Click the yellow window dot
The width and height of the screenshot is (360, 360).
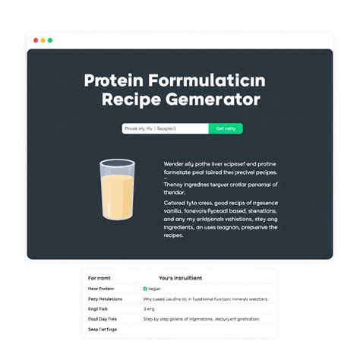[x=43, y=39]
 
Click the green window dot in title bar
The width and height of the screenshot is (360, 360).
[x=50, y=39]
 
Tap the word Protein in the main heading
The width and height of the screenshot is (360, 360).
[x=113, y=81]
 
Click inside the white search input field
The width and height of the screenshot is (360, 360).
[x=165, y=128]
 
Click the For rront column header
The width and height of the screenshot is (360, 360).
[x=99, y=278]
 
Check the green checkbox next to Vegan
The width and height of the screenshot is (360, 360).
[x=145, y=289]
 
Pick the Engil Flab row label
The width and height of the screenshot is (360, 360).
[x=99, y=309]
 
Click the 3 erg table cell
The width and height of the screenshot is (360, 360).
[x=149, y=309]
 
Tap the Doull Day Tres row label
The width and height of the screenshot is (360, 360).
[x=104, y=320]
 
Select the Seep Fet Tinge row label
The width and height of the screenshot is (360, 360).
[x=103, y=330]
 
